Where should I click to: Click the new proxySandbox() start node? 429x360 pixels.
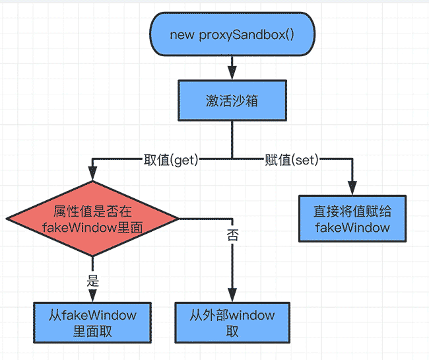point(232,35)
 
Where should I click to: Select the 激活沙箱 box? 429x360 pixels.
point(232,100)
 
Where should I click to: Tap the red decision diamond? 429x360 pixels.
point(92,219)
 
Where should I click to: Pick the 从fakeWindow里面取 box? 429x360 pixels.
point(92,322)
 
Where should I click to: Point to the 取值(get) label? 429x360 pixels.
point(171,159)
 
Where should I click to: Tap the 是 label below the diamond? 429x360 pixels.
point(92,279)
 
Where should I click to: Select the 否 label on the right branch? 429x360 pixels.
point(232,234)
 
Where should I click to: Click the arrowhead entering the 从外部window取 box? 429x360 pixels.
point(232,297)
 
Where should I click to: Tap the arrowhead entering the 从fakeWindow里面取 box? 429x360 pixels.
point(92,297)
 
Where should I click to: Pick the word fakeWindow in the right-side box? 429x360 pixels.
point(352,228)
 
